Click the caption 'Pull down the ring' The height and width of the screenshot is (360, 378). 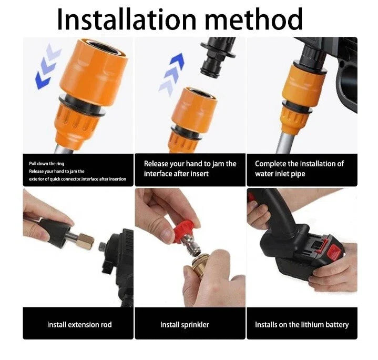pyautogui.click(x=47, y=164)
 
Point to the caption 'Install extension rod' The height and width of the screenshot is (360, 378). pyautogui.click(x=79, y=324)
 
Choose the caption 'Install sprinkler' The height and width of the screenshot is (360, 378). pyautogui.click(x=185, y=324)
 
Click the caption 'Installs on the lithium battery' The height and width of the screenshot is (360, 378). pyautogui.click(x=302, y=324)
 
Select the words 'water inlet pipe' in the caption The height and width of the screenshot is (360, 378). pyautogui.click(x=280, y=174)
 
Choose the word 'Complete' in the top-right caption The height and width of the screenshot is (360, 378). pyautogui.click(x=271, y=164)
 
